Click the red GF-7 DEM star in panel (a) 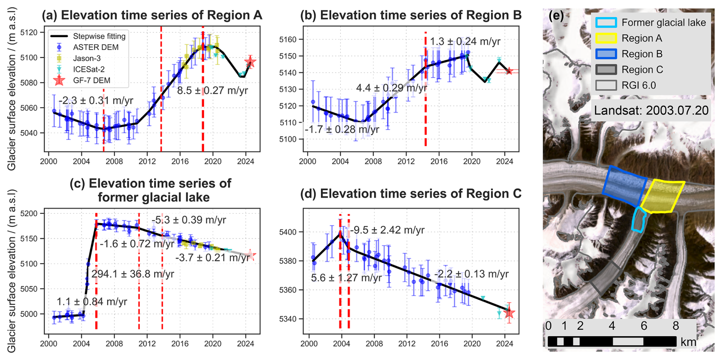click(250, 62)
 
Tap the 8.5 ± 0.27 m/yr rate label click(212, 90)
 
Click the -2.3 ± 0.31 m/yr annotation click(96, 101)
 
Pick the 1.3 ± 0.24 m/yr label click(465, 42)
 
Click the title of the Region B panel click(411, 15)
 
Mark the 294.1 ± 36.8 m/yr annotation click(132, 274)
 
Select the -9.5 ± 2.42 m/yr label click(387, 230)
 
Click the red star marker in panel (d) click(509, 313)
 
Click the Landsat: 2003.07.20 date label click(651, 111)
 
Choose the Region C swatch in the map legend click(606, 69)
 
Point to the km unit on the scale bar click(688, 342)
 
